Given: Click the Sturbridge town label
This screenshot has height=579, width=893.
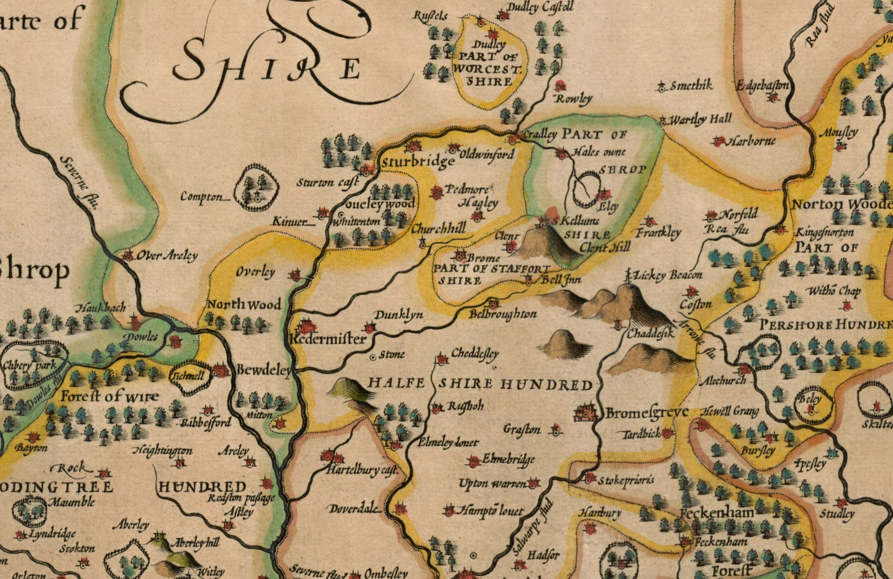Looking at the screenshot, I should click(x=418, y=162).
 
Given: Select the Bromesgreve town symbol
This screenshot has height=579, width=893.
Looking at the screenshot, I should click(x=585, y=413).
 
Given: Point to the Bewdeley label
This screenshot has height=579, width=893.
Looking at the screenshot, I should click(x=264, y=370).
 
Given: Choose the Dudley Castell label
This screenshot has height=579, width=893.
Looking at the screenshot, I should click(x=540, y=7).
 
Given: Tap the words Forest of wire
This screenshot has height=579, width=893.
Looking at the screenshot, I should click(x=110, y=396).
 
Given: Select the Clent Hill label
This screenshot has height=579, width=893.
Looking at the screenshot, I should click(x=605, y=247).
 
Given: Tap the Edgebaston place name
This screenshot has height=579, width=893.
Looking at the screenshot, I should click(x=762, y=86).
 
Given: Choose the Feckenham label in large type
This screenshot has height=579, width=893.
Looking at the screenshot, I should click(x=717, y=513).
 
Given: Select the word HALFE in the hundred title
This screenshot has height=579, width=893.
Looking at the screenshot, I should click(x=396, y=383).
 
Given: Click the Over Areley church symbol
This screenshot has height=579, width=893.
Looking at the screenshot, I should click(x=128, y=257).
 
